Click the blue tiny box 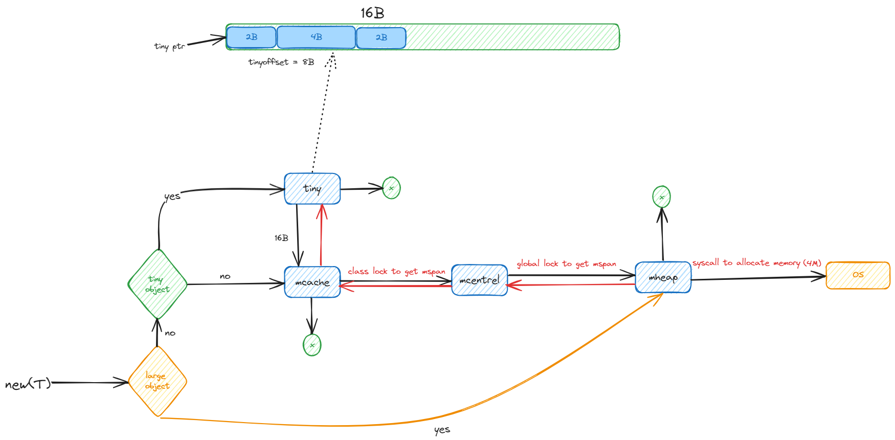[x=312, y=189]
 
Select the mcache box [x=312, y=282]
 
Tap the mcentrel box [x=479, y=280]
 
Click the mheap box [x=663, y=278]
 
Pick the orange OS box [x=858, y=275]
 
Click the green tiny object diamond [x=158, y=284]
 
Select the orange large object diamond [x=158, y=381]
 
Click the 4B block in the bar [x=316, y=37]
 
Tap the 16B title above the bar [x=372, y=13]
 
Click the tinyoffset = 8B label [x=281, y=62]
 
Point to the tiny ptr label [x=169, y=47]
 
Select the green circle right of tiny [x=391, y=188]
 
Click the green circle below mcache [x=312, y=345]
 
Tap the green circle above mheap [x=661, y=197]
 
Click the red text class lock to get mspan [x=396, y=271]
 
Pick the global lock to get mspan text [x=566, y=263]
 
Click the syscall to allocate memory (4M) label [x=756, y=263]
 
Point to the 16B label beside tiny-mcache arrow [x=281, y=238]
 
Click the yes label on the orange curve [x=442, y=430]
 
